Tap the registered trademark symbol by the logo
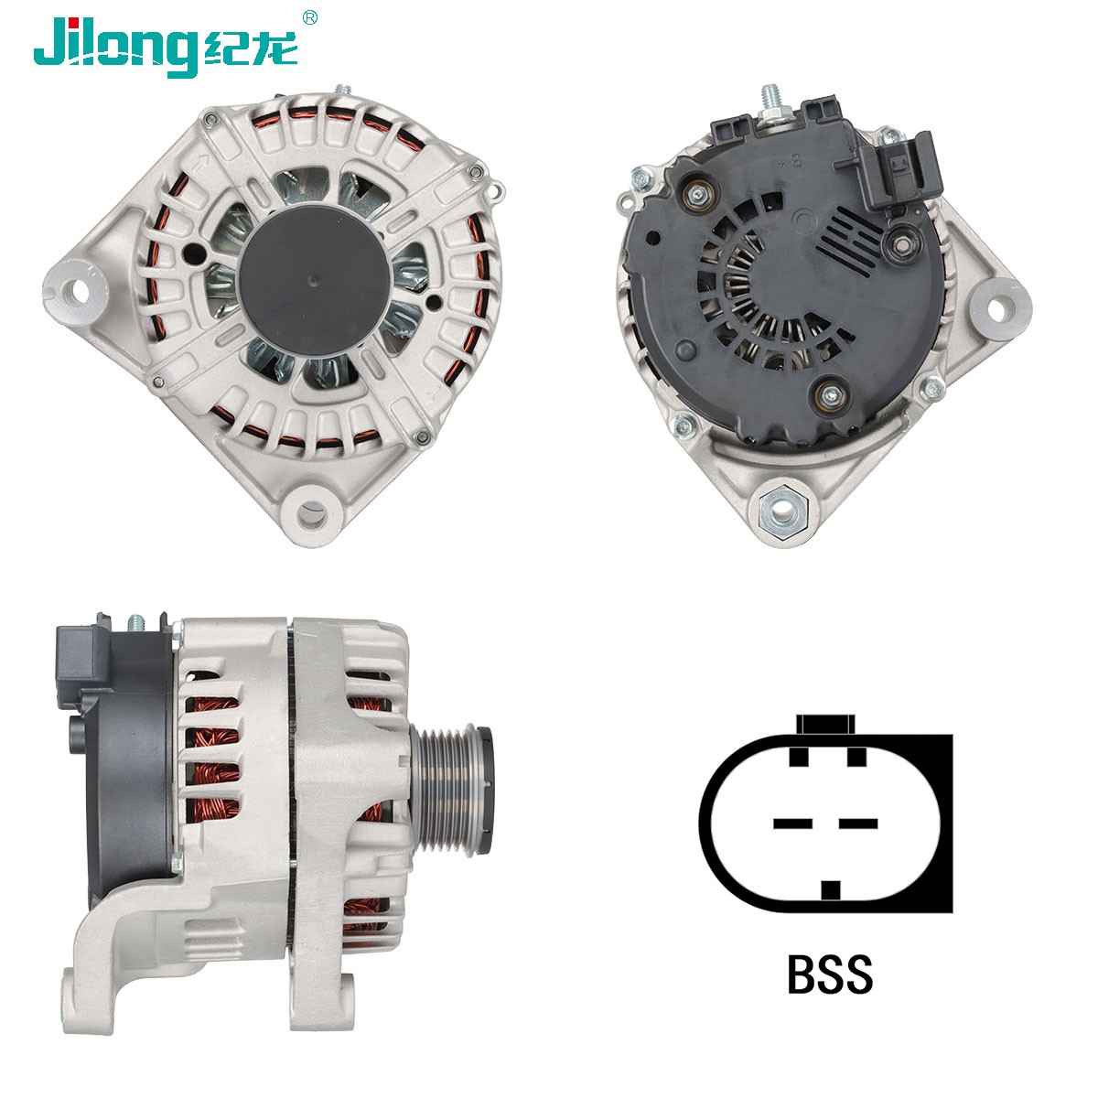point(309,18)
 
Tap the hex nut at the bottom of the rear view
point(783,512)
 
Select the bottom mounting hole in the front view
point(313,514)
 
